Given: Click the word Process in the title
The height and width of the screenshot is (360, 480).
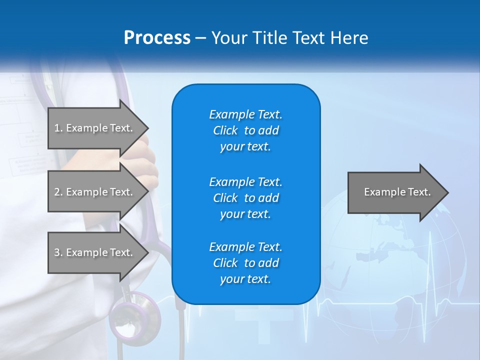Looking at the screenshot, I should tap(157, 37).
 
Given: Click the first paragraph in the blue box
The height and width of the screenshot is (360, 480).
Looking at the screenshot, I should tap(245, 130).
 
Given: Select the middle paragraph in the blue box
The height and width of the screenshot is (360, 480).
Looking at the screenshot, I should tap(245, 198).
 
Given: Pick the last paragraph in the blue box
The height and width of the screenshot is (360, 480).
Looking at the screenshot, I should tap(245, 263).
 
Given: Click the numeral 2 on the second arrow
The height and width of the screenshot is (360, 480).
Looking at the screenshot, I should tap(56, 192).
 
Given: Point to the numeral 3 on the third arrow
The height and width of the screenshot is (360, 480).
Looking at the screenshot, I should tap(56, 252).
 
